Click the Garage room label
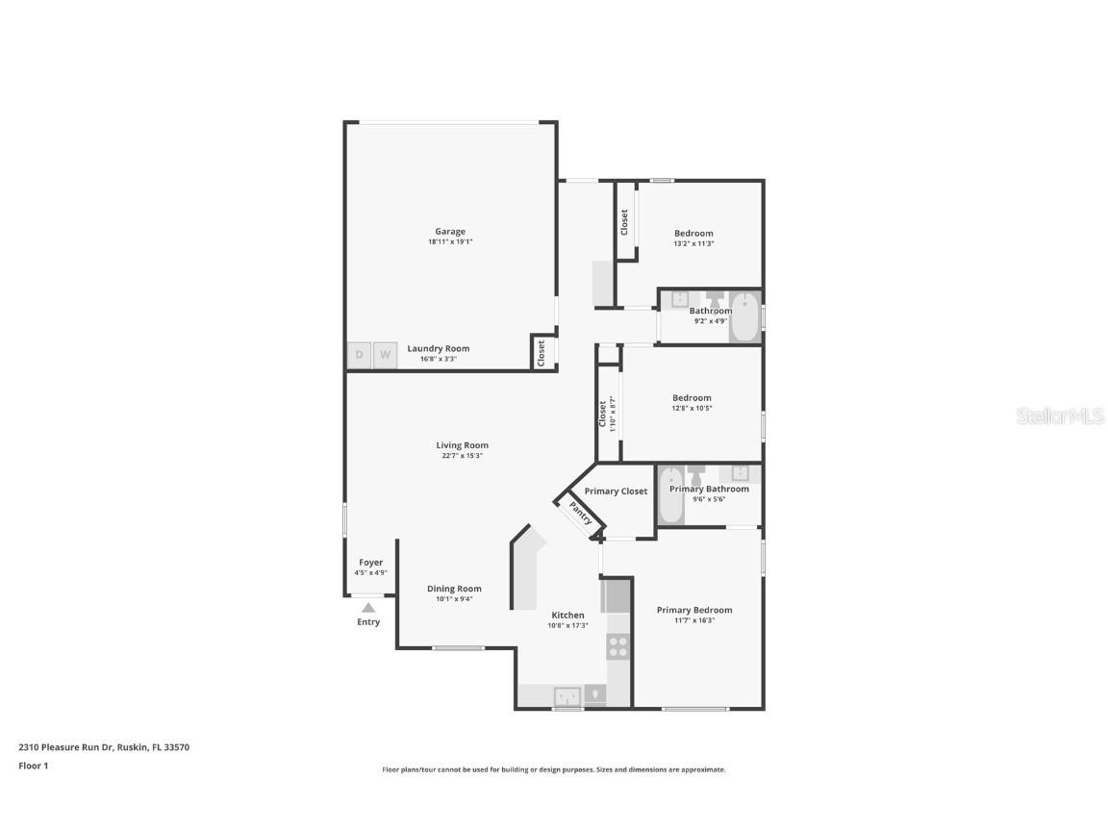pyautogui.click(x=450, y=232)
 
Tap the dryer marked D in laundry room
pyautogui.click(x=359, y=355)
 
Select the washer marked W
pyautogui.click(x=385, y=355)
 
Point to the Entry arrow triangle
pyautogui.click(x=368, y=608)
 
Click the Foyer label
pyautogui.click(x=370, y=563)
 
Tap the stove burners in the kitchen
pyautogui.click(x=618, y=646)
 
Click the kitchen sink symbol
pyautogui.click(x=567, y=694)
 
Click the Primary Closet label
pyautogui.click(x=616, y=491)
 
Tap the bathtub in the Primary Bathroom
pyautogui.click(x=671, y=494)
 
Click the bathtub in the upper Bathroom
pyautogui.click(x=745, y=316)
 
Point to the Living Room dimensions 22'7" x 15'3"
pyautogui.click(x=462, y=456)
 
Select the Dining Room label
pyautogui.click(x=454, y=589)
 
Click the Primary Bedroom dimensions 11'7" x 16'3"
pyautogui.click(x=693, y=620)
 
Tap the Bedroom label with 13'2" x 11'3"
pyautogui.click(x=693, y=234)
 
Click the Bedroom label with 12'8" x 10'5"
pyautogui.click(x=692, y=398)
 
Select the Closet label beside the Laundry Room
pyautogui.click(x=541, y=352)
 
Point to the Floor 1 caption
pyautogui.click(x=33, y=766)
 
